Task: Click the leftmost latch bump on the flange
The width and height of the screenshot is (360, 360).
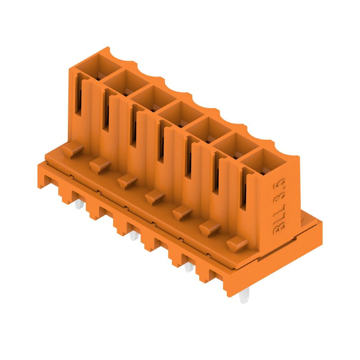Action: [70, 149]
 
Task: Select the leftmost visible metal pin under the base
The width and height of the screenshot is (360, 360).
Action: [78, 206]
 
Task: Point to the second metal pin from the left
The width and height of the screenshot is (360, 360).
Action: [132, 235]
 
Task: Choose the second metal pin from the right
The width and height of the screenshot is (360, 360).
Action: [188, 268]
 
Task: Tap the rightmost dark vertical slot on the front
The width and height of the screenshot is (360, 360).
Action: [243, 189]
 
